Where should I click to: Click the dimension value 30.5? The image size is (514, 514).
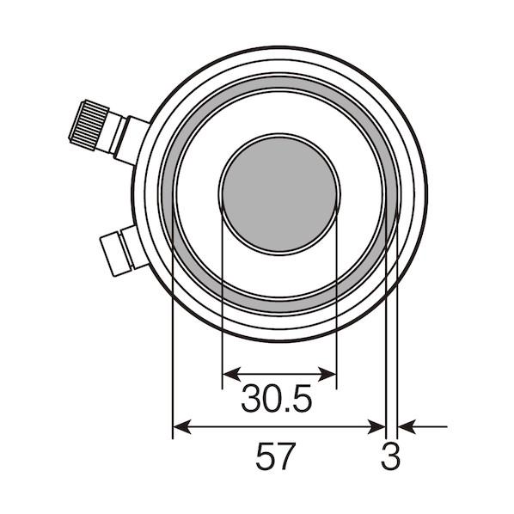click(277, 398)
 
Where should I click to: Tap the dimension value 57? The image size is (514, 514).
click(275, 456)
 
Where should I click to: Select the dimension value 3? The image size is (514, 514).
click(390, 456)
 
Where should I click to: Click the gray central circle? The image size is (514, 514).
click(279, 194)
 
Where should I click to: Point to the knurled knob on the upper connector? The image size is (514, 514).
click(89, 125)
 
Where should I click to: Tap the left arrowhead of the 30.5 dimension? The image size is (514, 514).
click(232, 374)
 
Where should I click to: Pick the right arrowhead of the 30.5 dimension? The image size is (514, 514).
click(327, 374)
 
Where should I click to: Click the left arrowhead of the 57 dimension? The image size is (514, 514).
click(181, 427)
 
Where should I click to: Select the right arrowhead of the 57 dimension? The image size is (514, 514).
click(376, 427)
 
